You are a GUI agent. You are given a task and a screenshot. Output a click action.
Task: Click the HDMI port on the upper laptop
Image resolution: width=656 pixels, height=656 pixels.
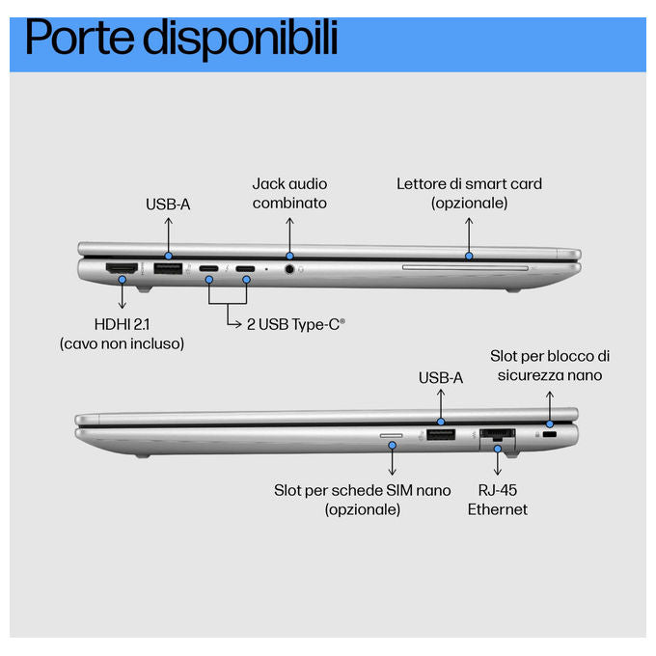122,268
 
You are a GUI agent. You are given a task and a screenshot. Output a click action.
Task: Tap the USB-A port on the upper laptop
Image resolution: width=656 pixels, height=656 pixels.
168,268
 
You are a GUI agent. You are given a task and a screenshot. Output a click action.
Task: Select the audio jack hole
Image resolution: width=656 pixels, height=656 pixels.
289,269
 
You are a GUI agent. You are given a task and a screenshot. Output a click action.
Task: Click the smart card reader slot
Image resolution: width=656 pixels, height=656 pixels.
465,267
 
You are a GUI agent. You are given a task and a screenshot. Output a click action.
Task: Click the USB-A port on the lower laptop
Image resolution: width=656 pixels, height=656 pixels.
441,435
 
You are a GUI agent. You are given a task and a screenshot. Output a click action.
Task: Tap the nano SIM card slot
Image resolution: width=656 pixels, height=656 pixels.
391,436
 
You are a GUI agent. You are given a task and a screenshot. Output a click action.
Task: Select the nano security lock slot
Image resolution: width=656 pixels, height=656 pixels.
549,435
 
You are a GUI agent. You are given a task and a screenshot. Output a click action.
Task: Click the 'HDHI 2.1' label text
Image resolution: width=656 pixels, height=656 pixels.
122,324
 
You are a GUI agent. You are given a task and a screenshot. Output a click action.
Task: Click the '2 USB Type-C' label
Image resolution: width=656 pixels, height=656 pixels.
296,324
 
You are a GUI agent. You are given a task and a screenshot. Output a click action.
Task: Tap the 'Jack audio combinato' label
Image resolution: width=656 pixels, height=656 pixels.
289,193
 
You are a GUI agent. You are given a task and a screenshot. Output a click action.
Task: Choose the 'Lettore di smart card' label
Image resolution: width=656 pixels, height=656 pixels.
469,183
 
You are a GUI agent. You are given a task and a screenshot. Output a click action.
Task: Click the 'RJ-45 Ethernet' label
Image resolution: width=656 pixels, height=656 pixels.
498,500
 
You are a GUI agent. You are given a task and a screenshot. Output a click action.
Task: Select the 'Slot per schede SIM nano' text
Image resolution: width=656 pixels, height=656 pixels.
363,490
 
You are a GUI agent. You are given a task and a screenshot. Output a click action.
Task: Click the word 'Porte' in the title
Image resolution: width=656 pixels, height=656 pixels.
80,39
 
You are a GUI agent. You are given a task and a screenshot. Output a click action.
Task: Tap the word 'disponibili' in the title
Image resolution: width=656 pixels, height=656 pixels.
240,40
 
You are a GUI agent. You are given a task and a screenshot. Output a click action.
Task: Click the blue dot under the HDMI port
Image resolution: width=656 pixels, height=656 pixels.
122,280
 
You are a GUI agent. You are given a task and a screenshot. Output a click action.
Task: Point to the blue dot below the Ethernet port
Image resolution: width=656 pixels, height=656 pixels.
498,449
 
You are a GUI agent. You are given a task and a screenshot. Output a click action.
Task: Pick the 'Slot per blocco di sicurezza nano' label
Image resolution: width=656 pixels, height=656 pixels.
550,366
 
